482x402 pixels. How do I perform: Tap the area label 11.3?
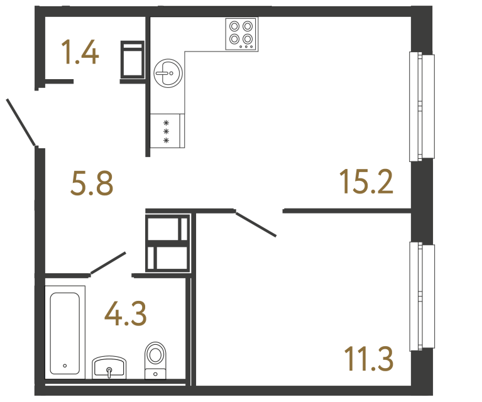pyautogui.click(x=368, y=359)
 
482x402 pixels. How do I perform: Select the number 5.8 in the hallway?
pyautogui.click(x=92, y=185)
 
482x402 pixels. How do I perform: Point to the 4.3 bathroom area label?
pyautogui.click(x=126, y=313)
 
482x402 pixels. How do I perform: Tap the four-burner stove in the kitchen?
pyautogui.click(x=241, y=34)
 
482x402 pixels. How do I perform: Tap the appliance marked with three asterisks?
pyautogui.click(x=167, y=131)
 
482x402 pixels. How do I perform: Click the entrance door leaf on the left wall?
pyautogui.click(x=21, y=122)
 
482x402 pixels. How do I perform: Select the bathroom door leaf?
pyautogui.click(x=108, y=263)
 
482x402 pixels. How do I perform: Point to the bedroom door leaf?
pyautogui.click(x=256, y=224)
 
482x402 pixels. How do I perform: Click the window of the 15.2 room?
pyautogui.click(x=422, y=106)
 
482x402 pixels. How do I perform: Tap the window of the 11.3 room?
pyautogui.click(x=422, y=296)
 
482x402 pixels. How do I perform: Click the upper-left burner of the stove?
pyautogui.click(x=235, y=26)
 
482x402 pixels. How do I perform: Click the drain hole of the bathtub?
pyautogui.click(x=65, y=365)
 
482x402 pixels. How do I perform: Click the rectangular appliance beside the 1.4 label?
pyautogui.click(x=133, y=60)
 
